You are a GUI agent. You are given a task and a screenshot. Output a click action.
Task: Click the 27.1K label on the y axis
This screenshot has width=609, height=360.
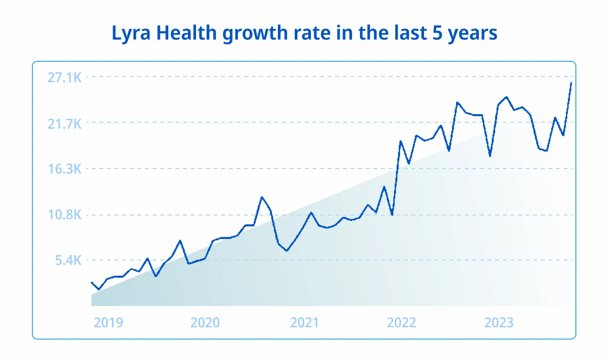point(64,78)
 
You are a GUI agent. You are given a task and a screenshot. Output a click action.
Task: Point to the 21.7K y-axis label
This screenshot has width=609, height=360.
point(64,124)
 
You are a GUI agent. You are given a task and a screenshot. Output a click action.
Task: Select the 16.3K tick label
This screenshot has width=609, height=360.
point(64,169)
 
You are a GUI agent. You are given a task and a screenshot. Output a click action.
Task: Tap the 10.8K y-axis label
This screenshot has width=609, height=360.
point(64,215)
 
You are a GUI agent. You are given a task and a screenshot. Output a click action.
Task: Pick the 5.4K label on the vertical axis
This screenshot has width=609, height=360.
point(68,260)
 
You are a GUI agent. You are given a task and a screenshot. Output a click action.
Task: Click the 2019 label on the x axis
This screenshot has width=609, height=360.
point(108,323)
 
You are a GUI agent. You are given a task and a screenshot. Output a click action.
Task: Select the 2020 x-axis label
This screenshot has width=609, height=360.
point(205,323)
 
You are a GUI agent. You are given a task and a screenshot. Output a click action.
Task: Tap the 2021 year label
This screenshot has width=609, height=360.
point(304,323)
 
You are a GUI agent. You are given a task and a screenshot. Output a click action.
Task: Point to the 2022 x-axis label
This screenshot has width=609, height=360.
point(401,323)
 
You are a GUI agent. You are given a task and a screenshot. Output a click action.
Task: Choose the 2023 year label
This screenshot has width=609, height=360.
point(499,323)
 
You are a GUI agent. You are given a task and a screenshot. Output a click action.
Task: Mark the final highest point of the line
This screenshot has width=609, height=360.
point(571,83)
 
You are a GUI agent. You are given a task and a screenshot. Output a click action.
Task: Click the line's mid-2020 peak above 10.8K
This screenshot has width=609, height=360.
point(262,197)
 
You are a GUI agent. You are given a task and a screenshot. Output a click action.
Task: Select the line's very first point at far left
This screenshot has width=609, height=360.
point(92,282)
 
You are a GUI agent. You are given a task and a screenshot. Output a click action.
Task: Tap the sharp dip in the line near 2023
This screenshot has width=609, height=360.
point(490,156)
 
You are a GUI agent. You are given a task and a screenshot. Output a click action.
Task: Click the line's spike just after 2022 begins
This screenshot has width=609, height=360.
point(400,141)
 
